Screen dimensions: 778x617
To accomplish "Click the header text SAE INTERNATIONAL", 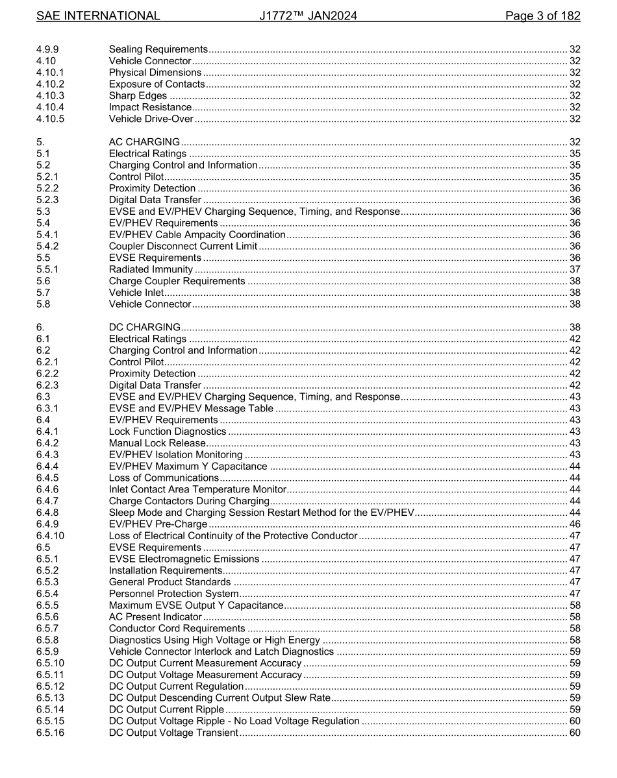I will tap(98, 16).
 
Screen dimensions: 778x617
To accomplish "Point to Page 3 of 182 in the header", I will tap(542, 16).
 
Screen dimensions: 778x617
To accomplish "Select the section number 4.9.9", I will tap(47, 49).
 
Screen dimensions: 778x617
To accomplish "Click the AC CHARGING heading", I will tap(144, 142).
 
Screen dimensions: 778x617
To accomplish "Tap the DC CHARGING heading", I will tap(144, 327).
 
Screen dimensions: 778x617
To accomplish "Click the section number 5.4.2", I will tap(47, 247).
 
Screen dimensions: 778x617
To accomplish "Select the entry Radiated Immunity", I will tap(151, 269).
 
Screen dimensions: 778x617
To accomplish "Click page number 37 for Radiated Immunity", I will tap(574, 269).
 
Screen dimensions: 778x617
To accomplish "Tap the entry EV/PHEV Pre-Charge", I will tap(158, 524).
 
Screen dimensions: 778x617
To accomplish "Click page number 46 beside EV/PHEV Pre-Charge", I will tap(574, 524).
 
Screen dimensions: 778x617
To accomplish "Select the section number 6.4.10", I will tap(50, 536).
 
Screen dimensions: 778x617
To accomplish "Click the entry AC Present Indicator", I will tap(155, 617).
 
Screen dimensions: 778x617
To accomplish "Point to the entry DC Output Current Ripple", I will tap(166, 710).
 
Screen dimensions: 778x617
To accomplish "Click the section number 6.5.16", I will tap(50, 733).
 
